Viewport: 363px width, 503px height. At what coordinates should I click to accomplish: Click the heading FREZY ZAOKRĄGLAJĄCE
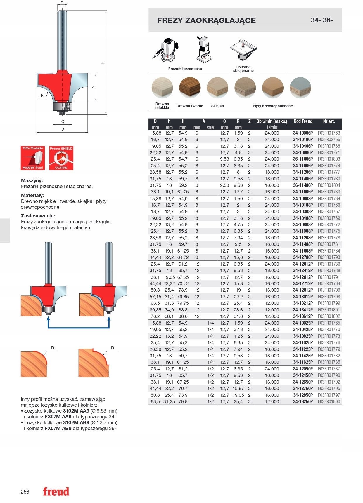pyautogui.click(x=206, y=20)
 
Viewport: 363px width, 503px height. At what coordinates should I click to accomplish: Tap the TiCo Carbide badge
pyautogui.click(x=33, y=158)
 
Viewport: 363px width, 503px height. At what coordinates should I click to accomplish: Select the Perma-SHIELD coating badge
pyautogui.click(x=61, y=158)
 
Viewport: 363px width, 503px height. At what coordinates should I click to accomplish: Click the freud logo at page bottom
pyautogui.click(x=56, y=491)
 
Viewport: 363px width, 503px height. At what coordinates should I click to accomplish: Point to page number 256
pyautogui.click(x=25, y=492)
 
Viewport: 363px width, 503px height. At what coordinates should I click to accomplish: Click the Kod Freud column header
pyautogui.click(x=303, y=121)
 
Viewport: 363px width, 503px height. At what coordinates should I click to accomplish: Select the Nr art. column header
pyautogui.click(x=329, y=121)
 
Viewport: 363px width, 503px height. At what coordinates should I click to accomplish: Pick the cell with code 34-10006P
pyautogui.click(x=303, y=133)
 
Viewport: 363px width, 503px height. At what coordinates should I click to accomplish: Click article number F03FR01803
pyautogui.click(x=329, y=159)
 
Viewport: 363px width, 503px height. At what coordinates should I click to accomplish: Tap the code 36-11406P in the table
pyautogui.click(x=303, y=185)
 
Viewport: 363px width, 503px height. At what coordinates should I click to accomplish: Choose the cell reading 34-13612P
pyautogui.click(x=303, y=316)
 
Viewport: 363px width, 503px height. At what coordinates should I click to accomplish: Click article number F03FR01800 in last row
pyautogui.click(x=329, y=402)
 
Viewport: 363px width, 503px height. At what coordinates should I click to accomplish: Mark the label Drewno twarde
pyautogui.click(x=190, y=106)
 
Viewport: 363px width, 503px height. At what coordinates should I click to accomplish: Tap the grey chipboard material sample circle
pyautogui.click(x=300, y=88)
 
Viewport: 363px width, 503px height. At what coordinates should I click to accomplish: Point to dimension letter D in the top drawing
pyautogui.click(x=63, y=129)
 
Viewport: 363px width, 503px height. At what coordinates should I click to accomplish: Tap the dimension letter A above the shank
pyautogui.click(x=62, y=2)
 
